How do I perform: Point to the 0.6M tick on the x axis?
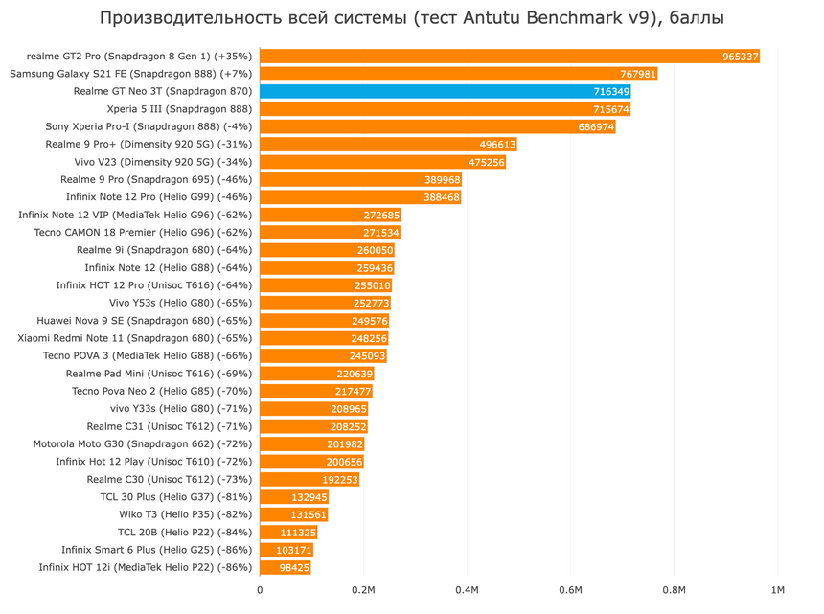[x=571, y=590]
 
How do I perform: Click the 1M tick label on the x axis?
[x=777, y=590]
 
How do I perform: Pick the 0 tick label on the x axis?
[x=261, y=590]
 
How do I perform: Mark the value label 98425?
[x=292, y=567]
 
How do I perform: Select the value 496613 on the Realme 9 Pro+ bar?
[x=497, y=145]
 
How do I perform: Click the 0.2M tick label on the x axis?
[x=364, y=590]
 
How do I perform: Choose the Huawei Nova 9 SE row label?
[x=145, y=321]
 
